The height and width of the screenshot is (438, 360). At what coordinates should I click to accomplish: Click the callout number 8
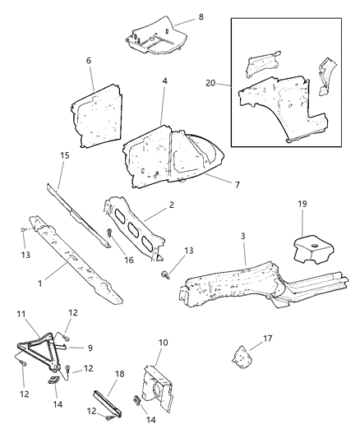tap(201, 16)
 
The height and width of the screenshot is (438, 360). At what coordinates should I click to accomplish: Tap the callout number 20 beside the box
tap(211, 83)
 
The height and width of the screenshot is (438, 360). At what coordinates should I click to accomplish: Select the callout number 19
tap(302, 204)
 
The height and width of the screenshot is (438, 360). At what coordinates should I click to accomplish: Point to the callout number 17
tap(267, 339)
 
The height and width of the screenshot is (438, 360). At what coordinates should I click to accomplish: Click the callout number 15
tap(64, 155)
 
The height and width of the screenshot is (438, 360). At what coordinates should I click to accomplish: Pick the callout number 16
tap(129, 260)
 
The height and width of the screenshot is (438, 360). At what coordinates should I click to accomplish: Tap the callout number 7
tap(237, 185)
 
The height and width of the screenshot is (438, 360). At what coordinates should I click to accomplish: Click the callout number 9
tap(90, 348)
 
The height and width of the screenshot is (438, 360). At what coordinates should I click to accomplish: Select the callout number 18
tap(119, 374)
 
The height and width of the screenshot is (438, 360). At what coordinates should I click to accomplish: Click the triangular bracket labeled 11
tap(39, 352)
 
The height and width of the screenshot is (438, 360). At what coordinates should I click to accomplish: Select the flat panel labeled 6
tap(97, 115)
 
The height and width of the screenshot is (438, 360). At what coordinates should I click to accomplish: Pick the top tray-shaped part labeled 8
tap(156, 35)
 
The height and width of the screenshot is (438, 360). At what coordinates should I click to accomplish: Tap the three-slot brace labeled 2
tap(135, 229)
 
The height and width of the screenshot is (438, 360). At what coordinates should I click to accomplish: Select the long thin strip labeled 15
tap(78, 215)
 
